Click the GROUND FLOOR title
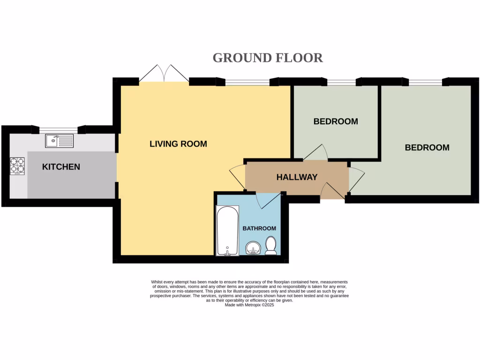(x=268, y=58)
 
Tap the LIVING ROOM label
(x=178, y=144)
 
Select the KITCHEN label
(x=61, y=167)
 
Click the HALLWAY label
(x=297, y=177)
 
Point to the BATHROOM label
(x=259, y=228)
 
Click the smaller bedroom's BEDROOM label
(x=336, y=121)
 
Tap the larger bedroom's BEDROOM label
(x=427, y=148)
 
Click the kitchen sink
(x=59, y=140)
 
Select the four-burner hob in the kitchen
(x=18, y=166)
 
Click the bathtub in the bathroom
(x=227, y=231)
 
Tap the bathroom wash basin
(x=253, y=248)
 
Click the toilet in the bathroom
(x=271, y=246)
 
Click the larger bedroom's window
(x=425, y=82)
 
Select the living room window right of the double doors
(x=247, y=82)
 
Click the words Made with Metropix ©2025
(x=249, y=305)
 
